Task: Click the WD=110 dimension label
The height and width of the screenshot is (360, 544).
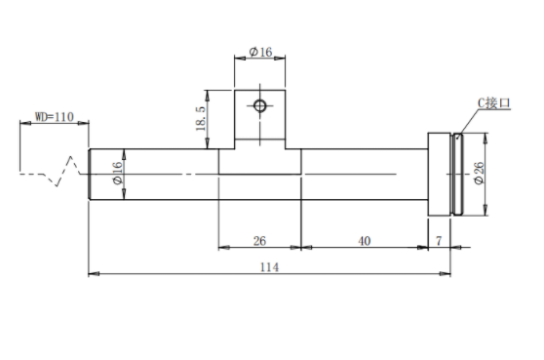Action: pos(55,117)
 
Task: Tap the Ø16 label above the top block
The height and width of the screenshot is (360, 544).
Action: pos(260,52)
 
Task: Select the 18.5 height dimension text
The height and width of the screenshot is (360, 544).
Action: pos(201,118)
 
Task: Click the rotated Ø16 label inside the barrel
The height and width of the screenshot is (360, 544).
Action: pos(118,173)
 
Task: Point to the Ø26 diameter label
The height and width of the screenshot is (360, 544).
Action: pos(479,173)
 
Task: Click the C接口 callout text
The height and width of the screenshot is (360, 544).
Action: pos(494,103)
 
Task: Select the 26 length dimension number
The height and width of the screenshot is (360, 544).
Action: pos(259,241)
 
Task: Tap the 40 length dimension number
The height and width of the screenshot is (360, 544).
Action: pos(365,241)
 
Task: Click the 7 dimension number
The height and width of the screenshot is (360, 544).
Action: pos(439,241)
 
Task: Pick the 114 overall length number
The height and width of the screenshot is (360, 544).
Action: pos(269,267)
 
